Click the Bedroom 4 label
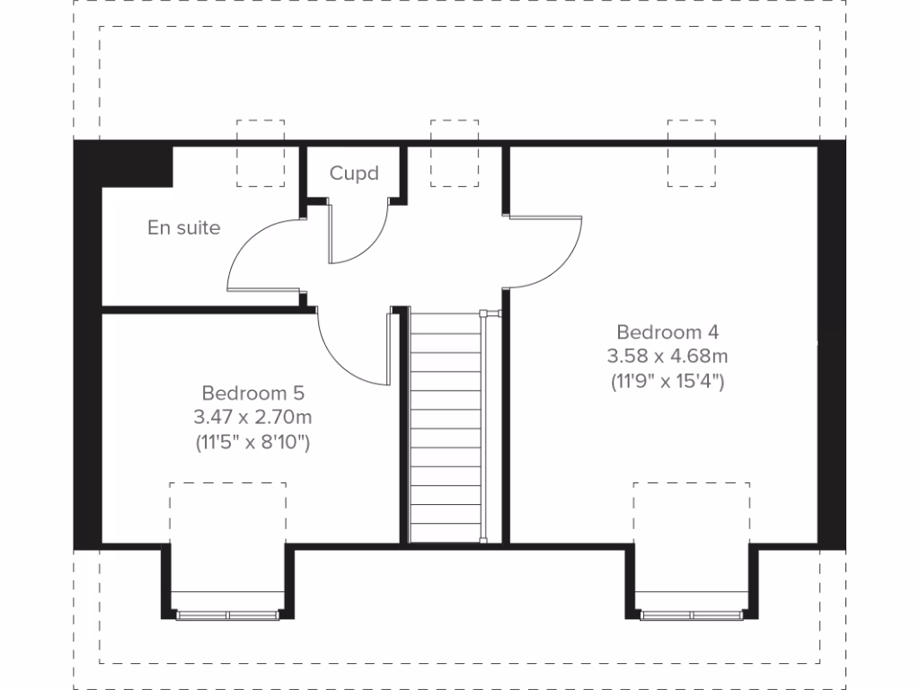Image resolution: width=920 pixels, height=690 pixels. (x=668, y=331)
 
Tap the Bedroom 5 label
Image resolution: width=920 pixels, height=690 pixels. (x=253, y=393)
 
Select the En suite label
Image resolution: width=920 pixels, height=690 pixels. (x=183, y=228)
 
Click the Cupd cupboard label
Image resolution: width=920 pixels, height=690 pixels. (x=354, y=173)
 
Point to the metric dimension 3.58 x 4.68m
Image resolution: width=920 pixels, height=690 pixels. (x=668, y=356)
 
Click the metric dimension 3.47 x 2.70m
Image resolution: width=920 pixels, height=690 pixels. (x=252, y=417)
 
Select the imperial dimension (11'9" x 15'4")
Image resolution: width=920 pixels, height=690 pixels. (x=668, y=381)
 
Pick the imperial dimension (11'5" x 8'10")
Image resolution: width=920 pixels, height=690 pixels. (x=252, y=442)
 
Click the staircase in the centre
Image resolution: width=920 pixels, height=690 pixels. (x=446, y=427)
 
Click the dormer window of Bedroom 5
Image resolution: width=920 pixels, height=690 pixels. (x=228, y=615)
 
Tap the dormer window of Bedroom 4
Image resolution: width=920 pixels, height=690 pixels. (x=692, y=615)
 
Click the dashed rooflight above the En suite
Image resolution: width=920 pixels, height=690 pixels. (x=261, y=153)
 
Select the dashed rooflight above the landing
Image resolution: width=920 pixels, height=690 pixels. (x=455, y=153)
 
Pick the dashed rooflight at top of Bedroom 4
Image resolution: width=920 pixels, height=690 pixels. (x=692, y=153)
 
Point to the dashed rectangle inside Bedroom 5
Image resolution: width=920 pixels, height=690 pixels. (x=228, y=512)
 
